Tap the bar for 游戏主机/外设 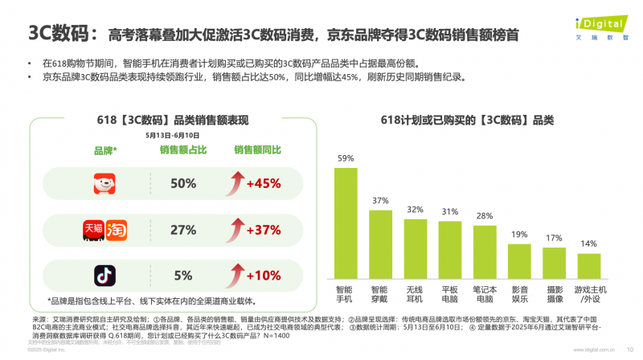(x=589, y=264)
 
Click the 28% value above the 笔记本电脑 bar (x=485, y=216)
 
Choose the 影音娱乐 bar (x=519, y=259)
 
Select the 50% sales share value (x=183, y=184)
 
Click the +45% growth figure (x=262, y=184)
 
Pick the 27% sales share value (x=183, y=230)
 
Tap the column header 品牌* (x=104, y=150)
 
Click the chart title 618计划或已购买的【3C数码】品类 (x=467, y=120)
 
